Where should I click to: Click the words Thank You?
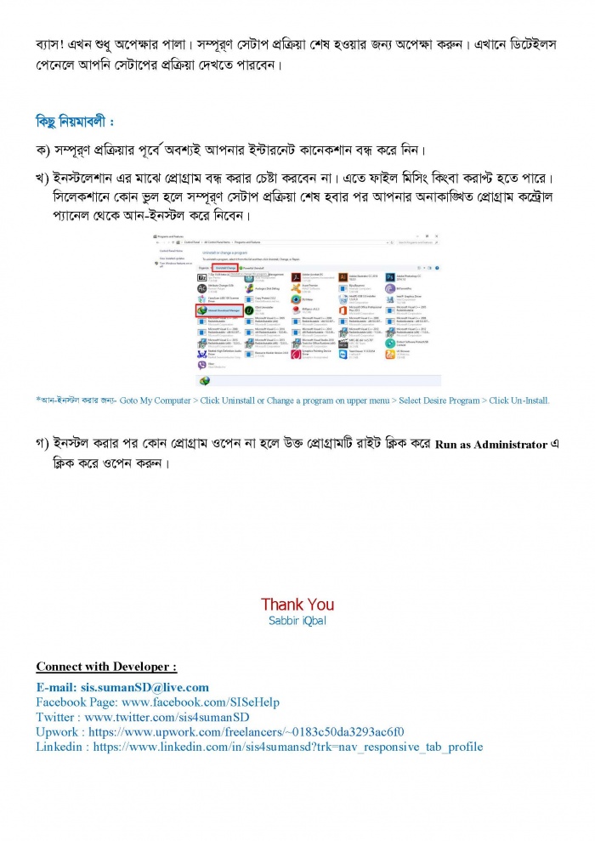(x=297, y=604)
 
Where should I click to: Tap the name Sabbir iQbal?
(x=297, y=620)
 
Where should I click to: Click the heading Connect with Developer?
(x=105, y=665)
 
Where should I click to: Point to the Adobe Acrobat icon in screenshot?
(x=296, y=277)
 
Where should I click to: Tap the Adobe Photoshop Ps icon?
(x=390, y=277)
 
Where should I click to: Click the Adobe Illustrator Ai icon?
(x=343, y=277)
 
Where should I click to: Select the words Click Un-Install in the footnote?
(x=519, y=400)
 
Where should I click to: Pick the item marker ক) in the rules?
(x=42, y=150)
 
